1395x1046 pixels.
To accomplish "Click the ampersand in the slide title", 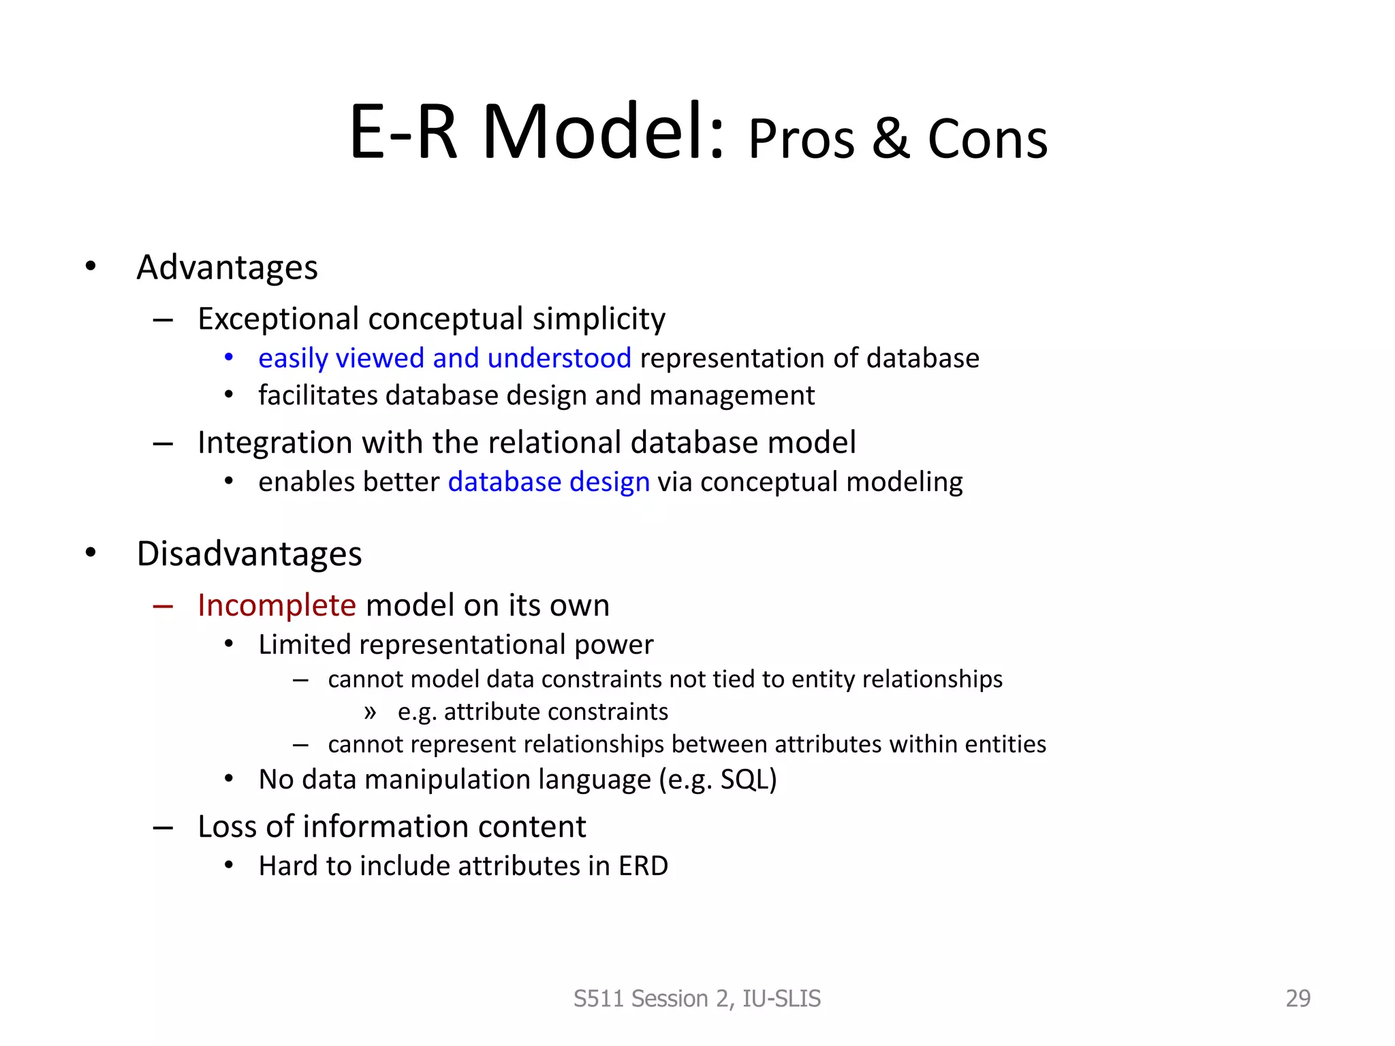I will click(x=890, y=139).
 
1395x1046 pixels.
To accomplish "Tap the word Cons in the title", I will click(x=987, y=139).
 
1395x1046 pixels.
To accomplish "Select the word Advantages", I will click(x=227, y=267).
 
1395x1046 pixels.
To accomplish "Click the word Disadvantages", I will click(x=249, y=554).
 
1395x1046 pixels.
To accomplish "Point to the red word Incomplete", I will click(x=277, y=605).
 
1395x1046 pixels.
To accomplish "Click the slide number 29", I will click(x=1298, y=998).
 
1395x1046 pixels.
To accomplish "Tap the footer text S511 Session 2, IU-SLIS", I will click(x=697, y=998).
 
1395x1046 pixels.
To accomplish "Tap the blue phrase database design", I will click(x=549, y=482).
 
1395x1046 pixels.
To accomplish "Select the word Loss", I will click(x=228, y=827).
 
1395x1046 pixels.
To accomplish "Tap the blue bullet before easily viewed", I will click(x=229, y=358).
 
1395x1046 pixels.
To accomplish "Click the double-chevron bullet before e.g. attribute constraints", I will click(x=370, y=712).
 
